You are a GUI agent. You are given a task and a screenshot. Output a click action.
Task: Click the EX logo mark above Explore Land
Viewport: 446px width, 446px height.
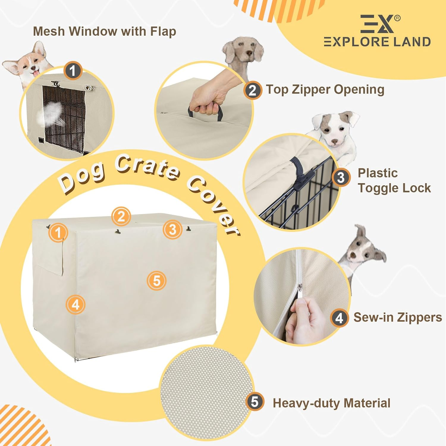[x=377, y=24]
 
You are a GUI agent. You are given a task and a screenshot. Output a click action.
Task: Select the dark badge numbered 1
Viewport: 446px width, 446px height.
[x=73, y=70]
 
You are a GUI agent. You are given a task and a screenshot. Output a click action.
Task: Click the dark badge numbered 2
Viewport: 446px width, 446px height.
[x=252, y=90]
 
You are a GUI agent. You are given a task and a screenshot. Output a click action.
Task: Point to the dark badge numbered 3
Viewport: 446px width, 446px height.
[x=341, y=178]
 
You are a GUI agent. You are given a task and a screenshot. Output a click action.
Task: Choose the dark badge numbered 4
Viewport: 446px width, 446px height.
[x=339, y=318]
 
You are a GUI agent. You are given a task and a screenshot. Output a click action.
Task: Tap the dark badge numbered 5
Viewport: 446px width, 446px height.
[x=255, y=401]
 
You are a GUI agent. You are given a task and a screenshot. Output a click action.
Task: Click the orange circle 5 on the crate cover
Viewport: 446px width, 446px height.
[x=157, y=281]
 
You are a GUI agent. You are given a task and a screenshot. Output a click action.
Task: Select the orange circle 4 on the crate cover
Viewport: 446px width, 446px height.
[x=76, y=304]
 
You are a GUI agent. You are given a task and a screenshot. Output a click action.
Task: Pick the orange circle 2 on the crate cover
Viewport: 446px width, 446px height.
[x=121, y=216]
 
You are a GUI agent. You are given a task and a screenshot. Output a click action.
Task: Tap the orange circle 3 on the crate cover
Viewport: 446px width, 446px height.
[x=172, y=230]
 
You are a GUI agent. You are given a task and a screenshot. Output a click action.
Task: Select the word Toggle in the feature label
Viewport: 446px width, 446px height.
[x=377, y=188]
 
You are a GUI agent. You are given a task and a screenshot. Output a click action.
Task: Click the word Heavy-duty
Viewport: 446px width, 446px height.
[x=307, y=403]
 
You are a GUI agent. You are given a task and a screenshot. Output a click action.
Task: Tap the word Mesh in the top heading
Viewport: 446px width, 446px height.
[x=49, y=31]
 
